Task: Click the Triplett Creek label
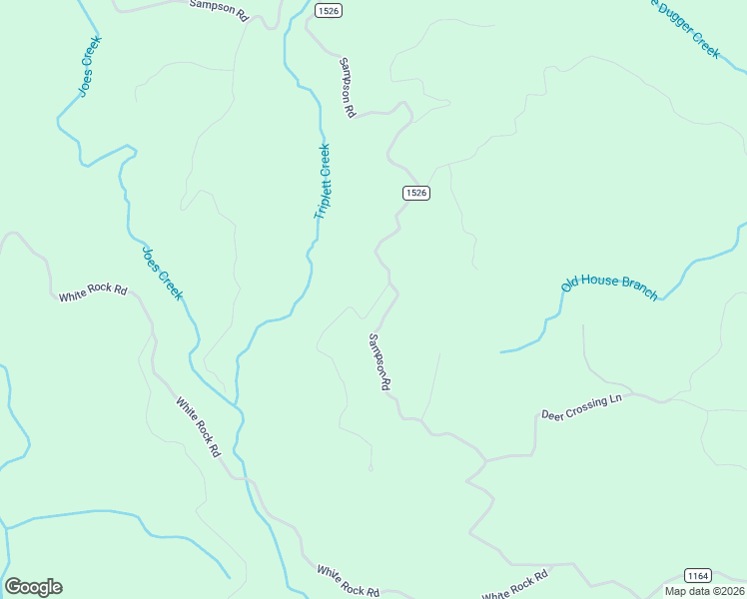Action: (x=322, y=183)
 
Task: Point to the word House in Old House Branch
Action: (x=600, y=282)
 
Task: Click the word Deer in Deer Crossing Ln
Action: (x=553, y=412)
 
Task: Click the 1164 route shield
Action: (x=698, y=576)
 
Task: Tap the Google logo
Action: (x=33, y=587)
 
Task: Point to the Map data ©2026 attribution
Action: (x=704, y=591)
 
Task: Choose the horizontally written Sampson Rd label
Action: (x=218, y=10)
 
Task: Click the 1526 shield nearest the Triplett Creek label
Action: (x=416, y=193)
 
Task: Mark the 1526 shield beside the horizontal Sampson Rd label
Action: (x=328, y=10)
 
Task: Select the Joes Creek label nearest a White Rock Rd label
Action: (x=163, y=273)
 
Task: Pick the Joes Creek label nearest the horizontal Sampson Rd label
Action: (x=87, y=67)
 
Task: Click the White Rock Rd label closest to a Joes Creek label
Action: (x=93, y=294)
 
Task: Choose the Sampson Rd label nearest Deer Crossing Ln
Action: (x=378, y=361)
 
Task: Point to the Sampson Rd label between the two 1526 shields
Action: (x=347, y=88)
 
